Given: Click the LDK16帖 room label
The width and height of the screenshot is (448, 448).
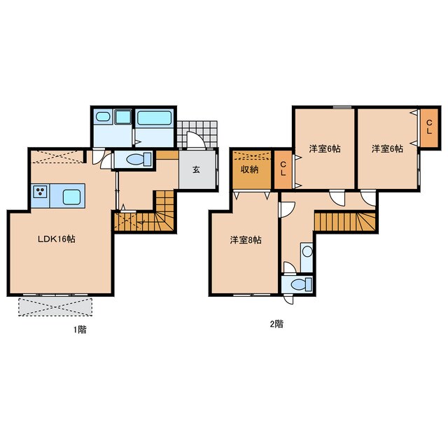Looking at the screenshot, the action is (57, 239).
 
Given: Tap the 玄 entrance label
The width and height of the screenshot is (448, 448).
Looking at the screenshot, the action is (196, 169).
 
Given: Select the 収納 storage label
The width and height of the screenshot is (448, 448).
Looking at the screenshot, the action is (250, 169).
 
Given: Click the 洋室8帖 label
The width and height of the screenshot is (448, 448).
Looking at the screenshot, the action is (246, 240).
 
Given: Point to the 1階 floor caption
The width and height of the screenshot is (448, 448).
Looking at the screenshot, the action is (80, 330).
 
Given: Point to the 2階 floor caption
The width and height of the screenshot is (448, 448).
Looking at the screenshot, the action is (277, 324).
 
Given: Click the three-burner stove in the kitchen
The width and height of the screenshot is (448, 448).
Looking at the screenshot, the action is (41, 191).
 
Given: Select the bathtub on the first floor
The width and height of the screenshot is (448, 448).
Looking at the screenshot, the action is (154, 118).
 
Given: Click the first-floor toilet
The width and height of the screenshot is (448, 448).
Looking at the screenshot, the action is (139, 159).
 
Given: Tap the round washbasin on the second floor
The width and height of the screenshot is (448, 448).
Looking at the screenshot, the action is (307, 252).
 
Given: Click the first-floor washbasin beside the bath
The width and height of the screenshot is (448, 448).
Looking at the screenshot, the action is (103, 116).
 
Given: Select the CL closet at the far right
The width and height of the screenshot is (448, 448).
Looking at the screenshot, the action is (429, 127).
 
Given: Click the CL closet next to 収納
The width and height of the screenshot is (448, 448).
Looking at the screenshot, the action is (283, 169).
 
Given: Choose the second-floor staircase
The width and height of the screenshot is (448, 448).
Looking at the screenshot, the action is (345, 221).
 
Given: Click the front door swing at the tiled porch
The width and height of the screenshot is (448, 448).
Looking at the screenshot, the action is (196, 140).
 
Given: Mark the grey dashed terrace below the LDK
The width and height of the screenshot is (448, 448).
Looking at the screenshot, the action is (55, 307).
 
